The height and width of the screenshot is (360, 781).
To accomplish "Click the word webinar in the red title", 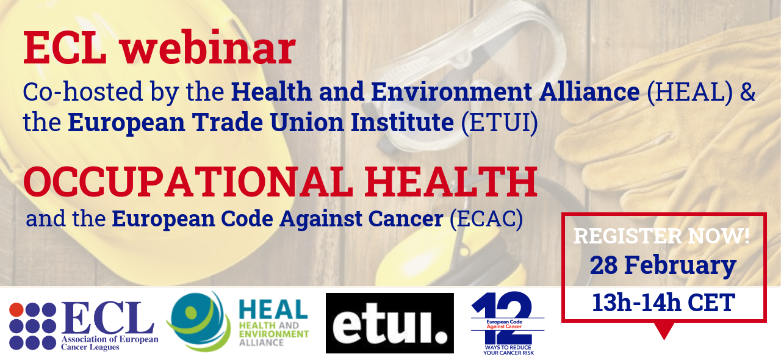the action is coord(208,47).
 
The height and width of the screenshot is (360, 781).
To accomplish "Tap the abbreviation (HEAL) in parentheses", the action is coord(689,92).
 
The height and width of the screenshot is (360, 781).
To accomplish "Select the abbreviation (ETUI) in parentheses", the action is coord(499,123).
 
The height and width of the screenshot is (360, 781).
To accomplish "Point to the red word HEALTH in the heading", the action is coord(451,182).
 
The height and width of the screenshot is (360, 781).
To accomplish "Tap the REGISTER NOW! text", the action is coord(662,236).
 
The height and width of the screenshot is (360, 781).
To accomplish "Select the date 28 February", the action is coord(663,265).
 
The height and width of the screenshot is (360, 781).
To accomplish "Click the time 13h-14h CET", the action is coord(663,303).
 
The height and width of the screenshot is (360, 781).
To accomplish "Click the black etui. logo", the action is coord(389,323).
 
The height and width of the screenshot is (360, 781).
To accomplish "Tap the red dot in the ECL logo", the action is coord(16,310).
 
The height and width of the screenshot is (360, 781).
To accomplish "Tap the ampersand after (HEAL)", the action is coord(747,92).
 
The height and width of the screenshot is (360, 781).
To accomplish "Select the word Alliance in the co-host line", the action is coord(589,92).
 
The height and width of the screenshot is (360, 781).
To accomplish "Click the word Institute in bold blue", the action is coord(402,122).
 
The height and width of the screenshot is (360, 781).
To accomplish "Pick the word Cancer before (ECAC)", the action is coord(406,219).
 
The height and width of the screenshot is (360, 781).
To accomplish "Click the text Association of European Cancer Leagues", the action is coord(109,343).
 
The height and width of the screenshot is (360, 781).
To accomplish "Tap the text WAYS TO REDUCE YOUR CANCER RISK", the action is coord(508,350).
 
